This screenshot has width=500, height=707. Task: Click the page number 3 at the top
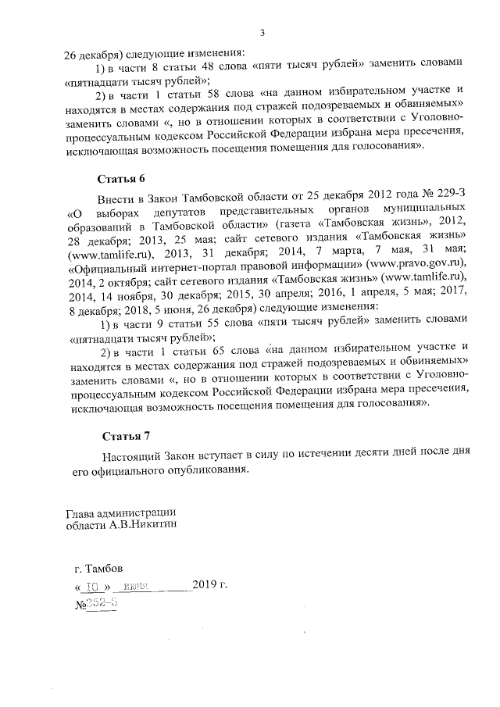[x=262, y=32]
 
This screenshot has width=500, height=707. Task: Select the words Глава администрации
[x=120, y=512]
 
